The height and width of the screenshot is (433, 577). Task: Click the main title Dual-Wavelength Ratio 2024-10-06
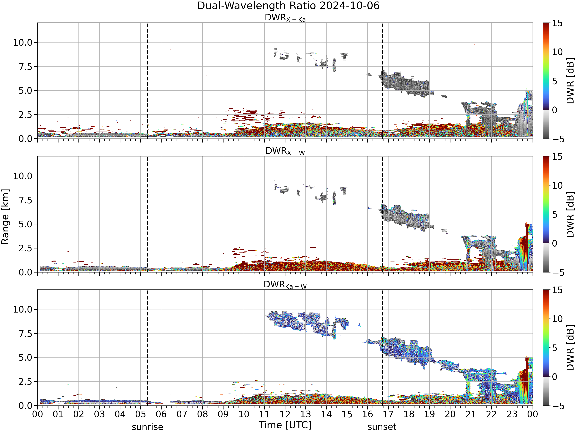[288, 6]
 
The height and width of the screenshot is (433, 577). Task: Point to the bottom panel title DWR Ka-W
[285, 285]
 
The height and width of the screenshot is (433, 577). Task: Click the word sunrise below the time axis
[147, 427]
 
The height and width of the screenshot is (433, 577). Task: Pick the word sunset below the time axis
[382, 427]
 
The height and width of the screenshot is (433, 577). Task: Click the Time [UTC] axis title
[285, 425]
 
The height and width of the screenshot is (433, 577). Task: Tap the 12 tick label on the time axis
[285, 414]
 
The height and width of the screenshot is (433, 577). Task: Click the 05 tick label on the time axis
[141, 414]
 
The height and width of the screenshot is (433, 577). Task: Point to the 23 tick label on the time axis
[512, 414]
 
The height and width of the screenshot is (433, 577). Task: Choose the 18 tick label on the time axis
[409, 414]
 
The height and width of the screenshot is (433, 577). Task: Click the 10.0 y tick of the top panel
[23, 43]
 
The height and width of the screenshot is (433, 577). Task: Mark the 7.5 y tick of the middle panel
[26, 200]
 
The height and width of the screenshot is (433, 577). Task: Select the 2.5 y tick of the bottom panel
[26, 382]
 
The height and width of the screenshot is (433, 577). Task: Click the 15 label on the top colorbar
[557, 23]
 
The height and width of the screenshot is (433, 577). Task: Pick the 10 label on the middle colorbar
[557, 186]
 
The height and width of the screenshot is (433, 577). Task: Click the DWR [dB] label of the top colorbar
[570, 81]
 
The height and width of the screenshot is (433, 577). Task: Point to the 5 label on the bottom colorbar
[554, 348]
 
